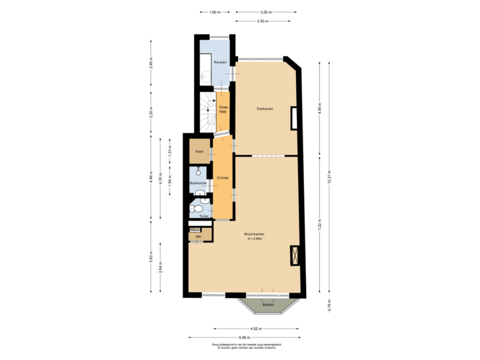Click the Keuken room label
click(x=220, y=62)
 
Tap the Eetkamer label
click(x=265, y=108)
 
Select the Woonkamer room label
click(x=254, y=234)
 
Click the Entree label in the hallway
click(x=223, y=178)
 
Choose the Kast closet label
click(x=199, y=152)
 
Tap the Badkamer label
click(x=198, y=183)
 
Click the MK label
click(x=198, y=237)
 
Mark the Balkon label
click(x=268, y=305)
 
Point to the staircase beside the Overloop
click(x=207, y=113)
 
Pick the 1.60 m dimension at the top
click(x=213, y=13)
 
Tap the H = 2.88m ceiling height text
click(x=254, y=239)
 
